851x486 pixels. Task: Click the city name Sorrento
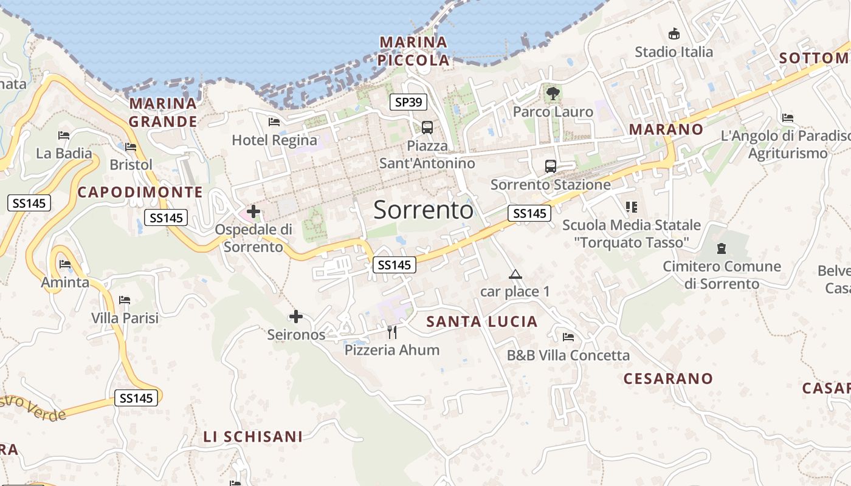click(x=423, y=210)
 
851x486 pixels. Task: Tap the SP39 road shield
click(x=408, y=102)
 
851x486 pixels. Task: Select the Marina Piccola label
click(x=413, y=51)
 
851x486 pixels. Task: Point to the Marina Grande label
click(x=163, y=112)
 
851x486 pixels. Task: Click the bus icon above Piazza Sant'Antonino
click(x=427, y=127)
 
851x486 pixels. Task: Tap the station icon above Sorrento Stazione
click(x=550, y=166)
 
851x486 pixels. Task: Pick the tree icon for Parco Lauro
click(x=553, y=94)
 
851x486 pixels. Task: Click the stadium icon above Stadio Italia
click(x=674, y=34)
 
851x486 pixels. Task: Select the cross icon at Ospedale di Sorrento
click(x=253, y=212)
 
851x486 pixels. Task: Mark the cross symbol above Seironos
click(x=296, y=317)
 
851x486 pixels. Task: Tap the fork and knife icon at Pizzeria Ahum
click(x=392, y=332)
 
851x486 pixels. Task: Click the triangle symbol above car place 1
click(x=515, y=274)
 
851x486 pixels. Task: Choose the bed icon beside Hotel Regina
click(x=274, y=122)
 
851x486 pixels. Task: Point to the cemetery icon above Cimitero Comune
click(x=722, y=248)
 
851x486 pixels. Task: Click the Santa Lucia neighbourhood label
click(x=482, y=321)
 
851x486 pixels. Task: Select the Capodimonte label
click(x=140, y=192)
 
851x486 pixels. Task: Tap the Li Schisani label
click(x=253, y=436)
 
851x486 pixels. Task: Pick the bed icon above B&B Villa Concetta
click(x=568, y=337)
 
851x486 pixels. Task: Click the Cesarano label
click(x=668, y=378)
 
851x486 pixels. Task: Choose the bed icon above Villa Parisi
click(x=125, y=300)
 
